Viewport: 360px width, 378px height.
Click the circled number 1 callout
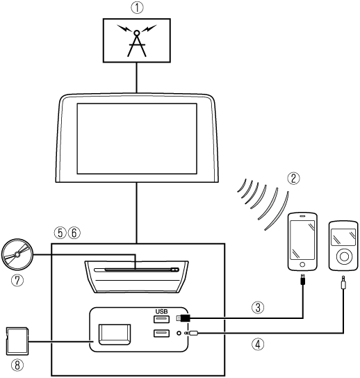[137, 8]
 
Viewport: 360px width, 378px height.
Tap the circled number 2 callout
[293, 179]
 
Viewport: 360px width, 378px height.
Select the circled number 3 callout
[258, 308]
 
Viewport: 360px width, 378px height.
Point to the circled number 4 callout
[258, 344]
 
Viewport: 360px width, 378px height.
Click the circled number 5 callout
[60, 233]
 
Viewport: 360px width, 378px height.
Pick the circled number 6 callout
[74, 233]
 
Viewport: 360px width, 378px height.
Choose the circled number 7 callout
[17, 281]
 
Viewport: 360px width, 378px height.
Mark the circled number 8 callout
[17, 365]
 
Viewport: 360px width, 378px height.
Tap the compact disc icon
[17, 254]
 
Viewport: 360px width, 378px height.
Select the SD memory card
[17, 341]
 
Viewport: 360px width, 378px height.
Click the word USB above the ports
[161, 312]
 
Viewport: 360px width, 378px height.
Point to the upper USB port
[161, 319]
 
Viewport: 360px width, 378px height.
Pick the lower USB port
[161, 334]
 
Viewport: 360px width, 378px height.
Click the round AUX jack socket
[179, 333]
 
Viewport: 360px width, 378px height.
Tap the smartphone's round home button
[302, 265]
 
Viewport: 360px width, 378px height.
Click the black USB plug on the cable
[185, 318]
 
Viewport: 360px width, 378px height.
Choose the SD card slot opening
[115, 334]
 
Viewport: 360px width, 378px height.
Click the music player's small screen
[343, 237]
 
